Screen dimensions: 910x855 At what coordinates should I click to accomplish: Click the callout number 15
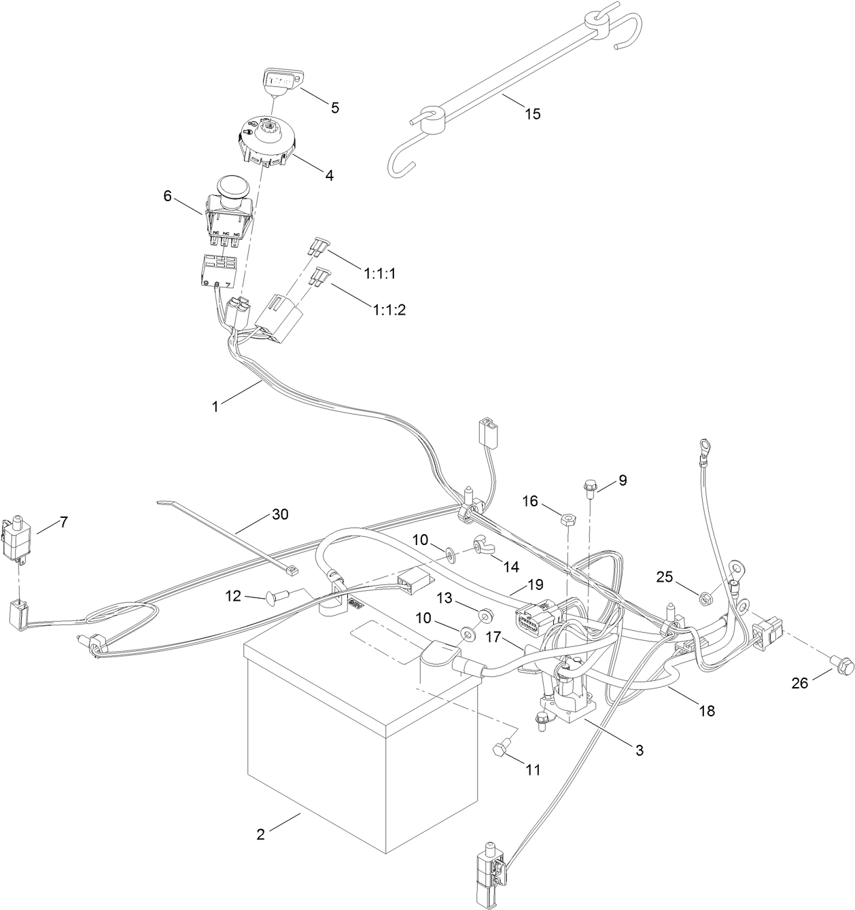click(x=533, y=113)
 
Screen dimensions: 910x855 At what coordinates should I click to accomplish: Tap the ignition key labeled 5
click(x=279, y=80)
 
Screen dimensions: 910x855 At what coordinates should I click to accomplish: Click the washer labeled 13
click(x=484, y=614)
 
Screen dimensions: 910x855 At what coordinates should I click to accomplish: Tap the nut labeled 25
click(x=705, y=598)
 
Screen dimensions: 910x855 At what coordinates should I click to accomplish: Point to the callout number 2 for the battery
click(x=260, y=833)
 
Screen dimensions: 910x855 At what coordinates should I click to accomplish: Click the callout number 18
click(x=707, y=711)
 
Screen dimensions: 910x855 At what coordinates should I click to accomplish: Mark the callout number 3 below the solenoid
click(x=639, y=750)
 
